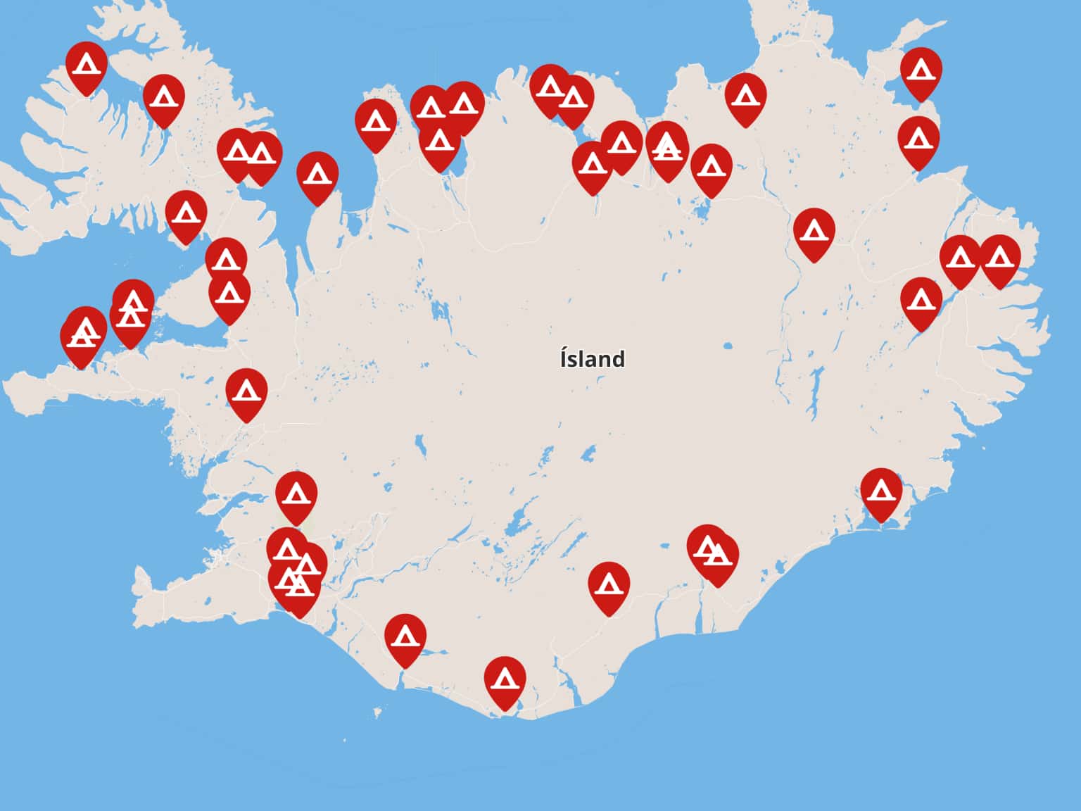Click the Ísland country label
tap(592, 359)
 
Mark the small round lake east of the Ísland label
tap(728, 346)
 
